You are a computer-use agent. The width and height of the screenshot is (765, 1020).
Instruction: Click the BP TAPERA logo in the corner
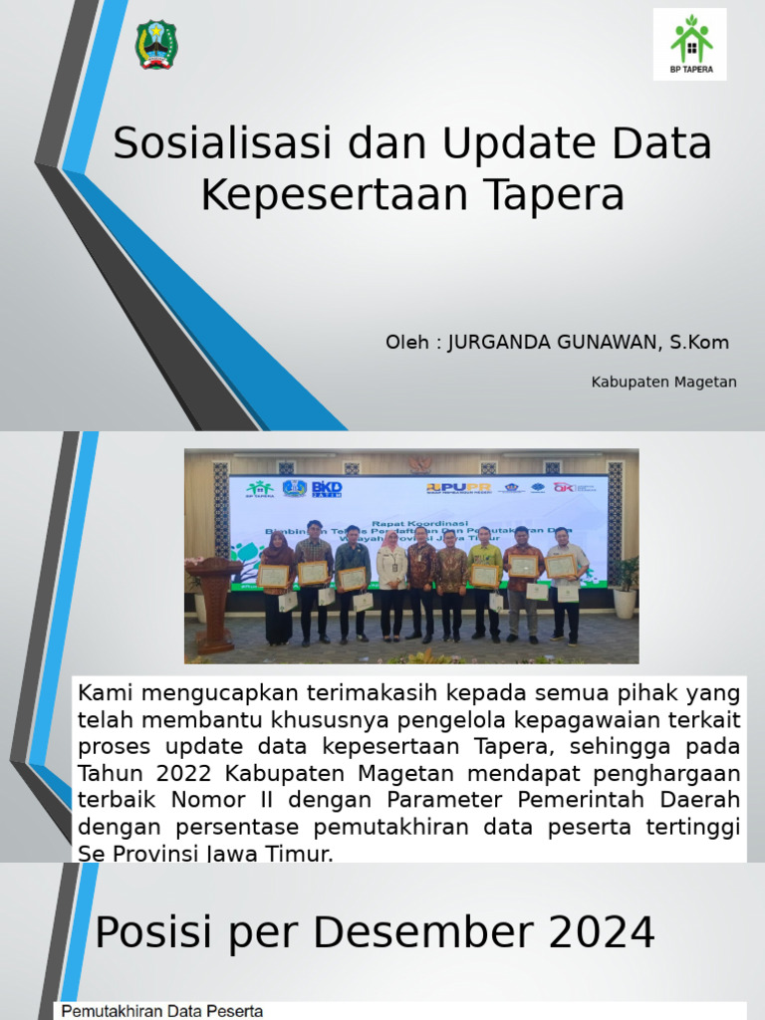[689, 44]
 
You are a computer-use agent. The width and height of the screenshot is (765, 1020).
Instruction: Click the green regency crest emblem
[156, 44]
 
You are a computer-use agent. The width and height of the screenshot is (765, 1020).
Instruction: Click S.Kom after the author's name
[698, 343]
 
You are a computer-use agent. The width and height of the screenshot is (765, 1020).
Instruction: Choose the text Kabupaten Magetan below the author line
[663, 382]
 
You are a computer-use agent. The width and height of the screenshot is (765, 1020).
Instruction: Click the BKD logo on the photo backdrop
[327, 488]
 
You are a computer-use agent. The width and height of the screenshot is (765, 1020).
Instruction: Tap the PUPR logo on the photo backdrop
[459, 487]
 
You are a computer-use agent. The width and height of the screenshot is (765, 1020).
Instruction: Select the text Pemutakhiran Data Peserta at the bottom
[162, 1011]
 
